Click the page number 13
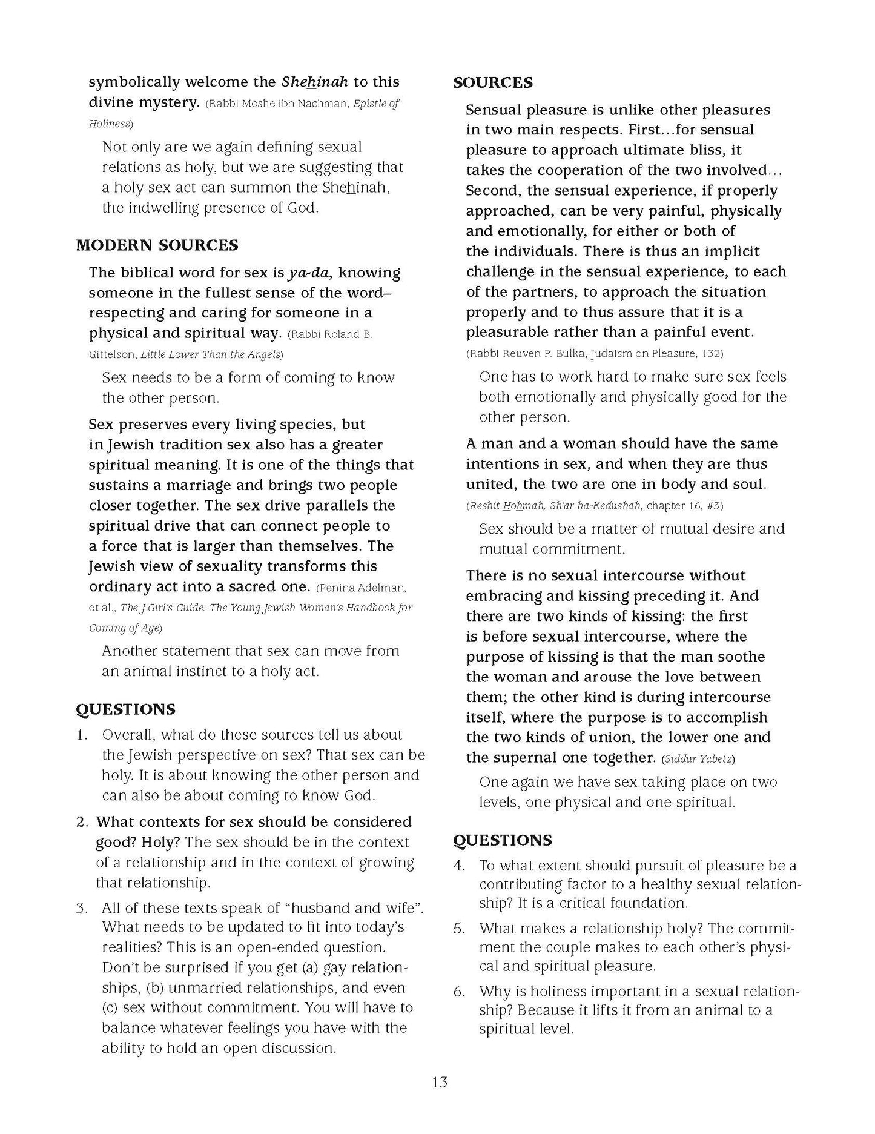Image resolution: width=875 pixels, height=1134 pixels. (440, 1081)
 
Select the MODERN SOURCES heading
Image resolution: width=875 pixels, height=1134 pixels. (157, 245)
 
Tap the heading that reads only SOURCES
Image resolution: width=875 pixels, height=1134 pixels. (493, 83)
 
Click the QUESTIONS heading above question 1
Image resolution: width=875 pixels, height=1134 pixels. (125, 709)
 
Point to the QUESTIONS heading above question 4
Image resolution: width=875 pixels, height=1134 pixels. (503, 840)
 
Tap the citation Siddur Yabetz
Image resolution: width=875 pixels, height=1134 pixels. (699, 759)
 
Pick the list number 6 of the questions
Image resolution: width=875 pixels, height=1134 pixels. (459, 992)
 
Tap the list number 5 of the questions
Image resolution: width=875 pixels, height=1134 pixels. (459, 929)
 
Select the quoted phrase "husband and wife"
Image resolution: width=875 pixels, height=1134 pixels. (354, 908)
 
